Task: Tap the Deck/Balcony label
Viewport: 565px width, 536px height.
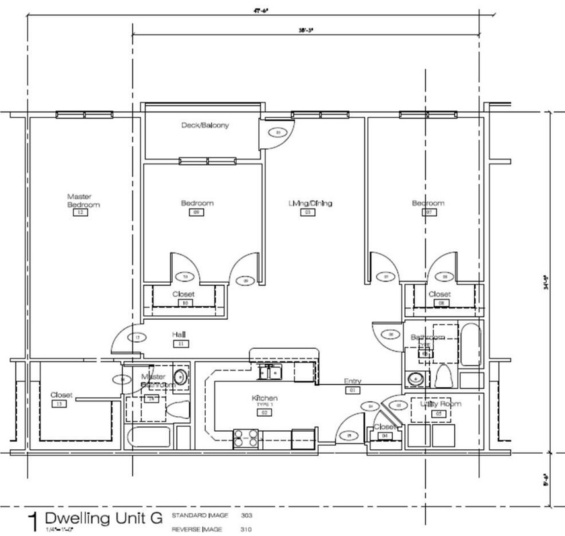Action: pyautogui.click(x=204, y=125)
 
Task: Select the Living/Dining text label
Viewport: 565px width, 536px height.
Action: pyautogui.click(x=310, y=203)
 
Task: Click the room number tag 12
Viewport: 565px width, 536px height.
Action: pyautogui.click(x=80, y=213)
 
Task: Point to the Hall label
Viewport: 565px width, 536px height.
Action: pyautogui.click(x=179, y=334)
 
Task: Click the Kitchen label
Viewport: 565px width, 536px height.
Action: pyautogui.click(x=264, y=399)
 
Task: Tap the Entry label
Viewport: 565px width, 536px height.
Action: pyautogui.click(x=352, y=381)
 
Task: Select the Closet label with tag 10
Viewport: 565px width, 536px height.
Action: pyautogui.click(x=183, y=294)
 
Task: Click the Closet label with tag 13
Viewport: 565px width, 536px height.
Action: pyautogui.click(x=61, y=395)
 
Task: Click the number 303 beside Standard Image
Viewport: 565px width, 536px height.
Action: pyautogui.click(x=246, y=515)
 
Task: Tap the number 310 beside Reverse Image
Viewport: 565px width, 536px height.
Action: pyautogui.click(x=246, y=529)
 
